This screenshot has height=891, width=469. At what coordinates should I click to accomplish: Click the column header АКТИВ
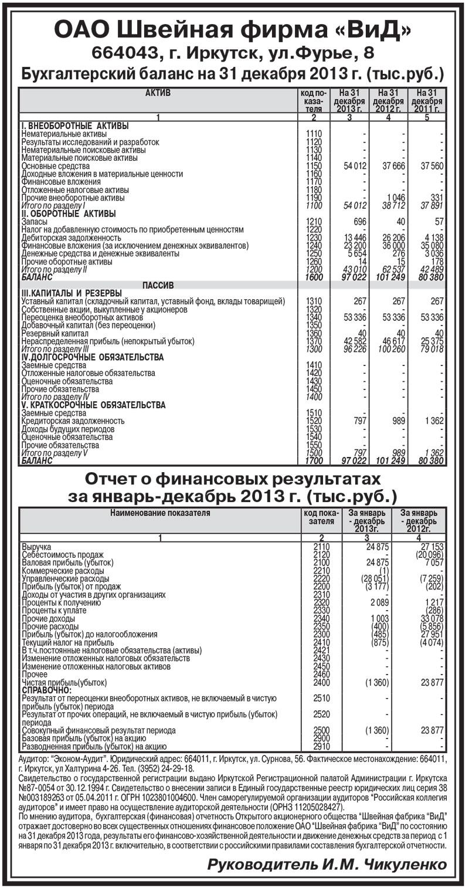pos(158,93)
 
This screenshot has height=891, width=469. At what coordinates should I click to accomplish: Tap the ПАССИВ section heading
pos(158,285)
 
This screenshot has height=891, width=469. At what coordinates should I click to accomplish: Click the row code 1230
pos(314,237)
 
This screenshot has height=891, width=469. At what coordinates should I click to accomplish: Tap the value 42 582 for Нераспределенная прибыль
pos(353,340)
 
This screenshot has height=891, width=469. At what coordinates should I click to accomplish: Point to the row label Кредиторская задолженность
pos(73,421)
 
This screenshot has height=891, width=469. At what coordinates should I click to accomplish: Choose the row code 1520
pos(314,421)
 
